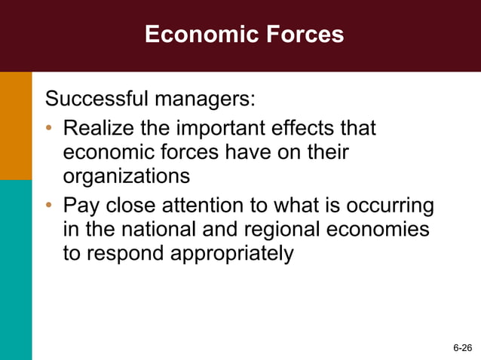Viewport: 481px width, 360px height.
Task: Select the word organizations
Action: (x=126, y=177)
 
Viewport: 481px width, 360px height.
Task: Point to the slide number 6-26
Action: (x=462, y=348)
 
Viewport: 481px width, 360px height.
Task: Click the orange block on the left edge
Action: (x=16, y=125)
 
